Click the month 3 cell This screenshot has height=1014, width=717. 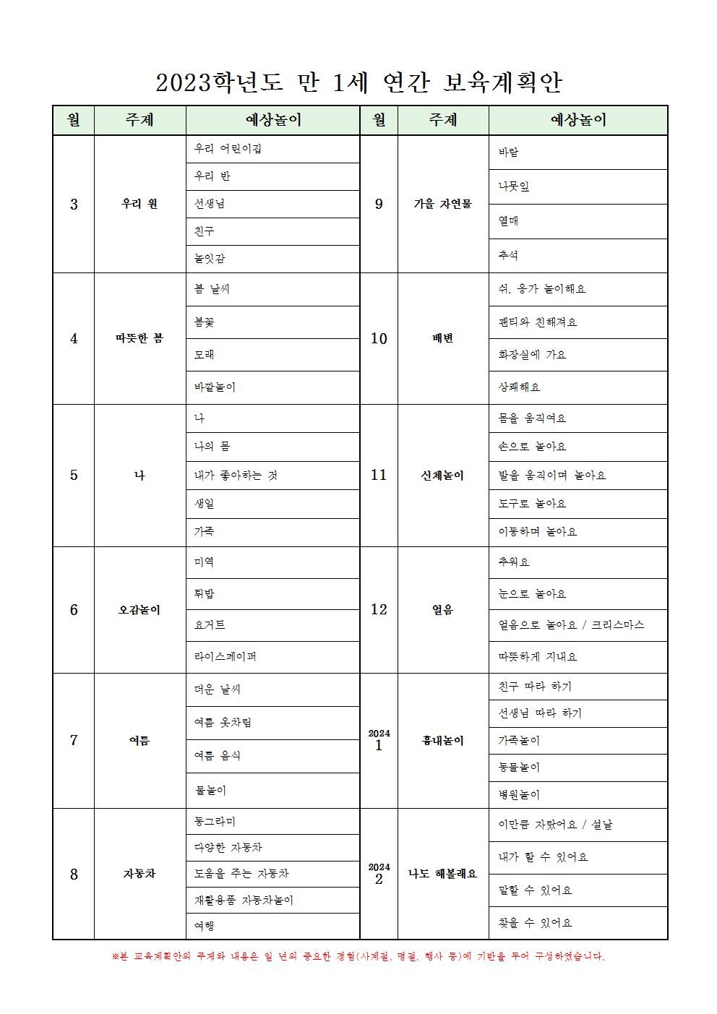point(74,204)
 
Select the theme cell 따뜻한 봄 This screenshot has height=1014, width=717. point(139,338)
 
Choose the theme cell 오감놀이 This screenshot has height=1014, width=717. point(139,610)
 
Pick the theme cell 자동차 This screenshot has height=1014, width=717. point(139,874)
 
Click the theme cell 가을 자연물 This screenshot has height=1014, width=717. point(442,204)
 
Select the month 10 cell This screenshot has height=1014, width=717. point(379,338)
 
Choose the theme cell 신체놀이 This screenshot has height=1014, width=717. point(442,476)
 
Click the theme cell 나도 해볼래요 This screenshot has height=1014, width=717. point(442,874)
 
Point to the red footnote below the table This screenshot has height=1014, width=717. point(358,957)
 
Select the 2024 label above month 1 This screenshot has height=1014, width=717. point(379,734)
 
